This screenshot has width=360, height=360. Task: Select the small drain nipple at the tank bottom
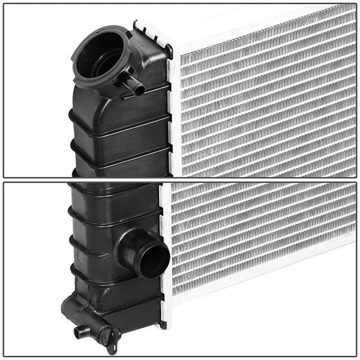(x=80, y=331)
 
